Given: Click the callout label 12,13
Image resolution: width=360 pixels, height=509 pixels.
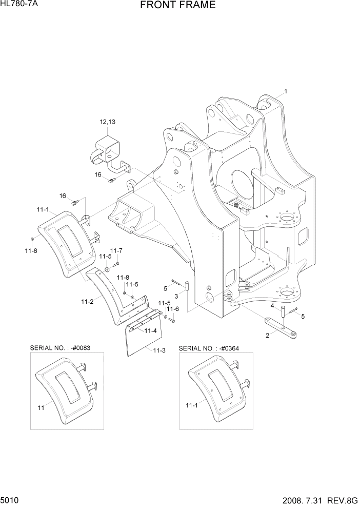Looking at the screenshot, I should coord(107,122).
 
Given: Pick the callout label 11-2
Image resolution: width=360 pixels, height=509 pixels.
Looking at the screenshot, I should coord(87,301).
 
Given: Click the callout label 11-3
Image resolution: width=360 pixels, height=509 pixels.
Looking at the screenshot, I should coord(159,350).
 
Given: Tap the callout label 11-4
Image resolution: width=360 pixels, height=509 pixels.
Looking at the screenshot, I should coord(150,330).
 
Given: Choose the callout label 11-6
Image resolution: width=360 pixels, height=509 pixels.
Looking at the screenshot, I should coord(174,309).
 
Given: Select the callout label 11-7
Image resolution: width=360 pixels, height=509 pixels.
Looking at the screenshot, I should coord(116,250).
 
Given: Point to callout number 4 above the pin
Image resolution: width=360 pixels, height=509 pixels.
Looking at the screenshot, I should coord(272,306).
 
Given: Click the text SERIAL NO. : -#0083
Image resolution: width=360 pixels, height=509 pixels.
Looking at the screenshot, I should coord(61,348).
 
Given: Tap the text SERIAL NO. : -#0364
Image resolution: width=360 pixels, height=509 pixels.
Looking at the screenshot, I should coord(209,348).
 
